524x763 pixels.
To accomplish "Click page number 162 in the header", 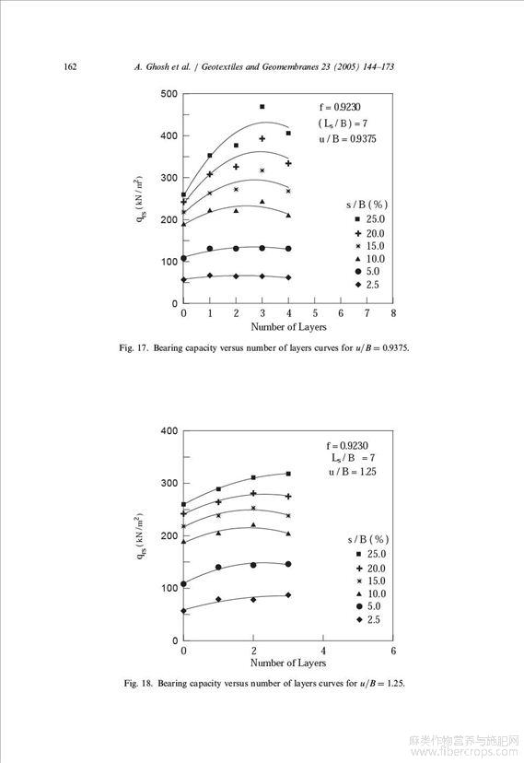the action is coord(70,66).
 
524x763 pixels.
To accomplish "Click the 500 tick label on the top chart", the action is coord(169,94).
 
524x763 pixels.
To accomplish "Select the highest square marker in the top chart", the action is coord(262,107).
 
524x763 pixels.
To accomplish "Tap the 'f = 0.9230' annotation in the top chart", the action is coord(340,107).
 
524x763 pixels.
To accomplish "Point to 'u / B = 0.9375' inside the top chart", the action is coord(347,138).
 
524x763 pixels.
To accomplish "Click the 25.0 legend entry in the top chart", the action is coord(370,219).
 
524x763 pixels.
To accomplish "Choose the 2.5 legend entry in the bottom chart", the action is coord(368,619).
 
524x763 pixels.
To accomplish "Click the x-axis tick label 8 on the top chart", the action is coord(393,313).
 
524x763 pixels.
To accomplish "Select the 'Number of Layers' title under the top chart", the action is coord(288,326).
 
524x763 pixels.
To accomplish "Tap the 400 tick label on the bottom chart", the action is coord(169,430).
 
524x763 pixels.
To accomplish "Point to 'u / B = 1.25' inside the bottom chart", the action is coord(353,472).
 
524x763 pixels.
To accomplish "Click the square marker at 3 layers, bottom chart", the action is coord(288,474).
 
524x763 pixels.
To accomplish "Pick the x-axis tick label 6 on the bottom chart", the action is coord(393,651).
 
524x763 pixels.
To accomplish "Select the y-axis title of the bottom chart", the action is coord(140,535).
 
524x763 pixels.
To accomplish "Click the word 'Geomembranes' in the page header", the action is coord(289,66).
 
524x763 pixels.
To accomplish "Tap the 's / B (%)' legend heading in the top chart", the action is coord(367,205).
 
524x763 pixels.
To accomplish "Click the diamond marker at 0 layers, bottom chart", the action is coord(184,611).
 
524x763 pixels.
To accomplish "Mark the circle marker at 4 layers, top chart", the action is coord(288,249).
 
